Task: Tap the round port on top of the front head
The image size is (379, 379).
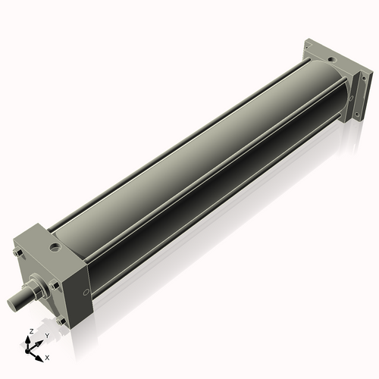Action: pyautogui.click(x=55, y=246)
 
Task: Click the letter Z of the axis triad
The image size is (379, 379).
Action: pyautogui.click(x=30, y=332)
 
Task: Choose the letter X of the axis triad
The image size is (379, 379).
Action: pyautogui.click(x=47, y=356)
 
